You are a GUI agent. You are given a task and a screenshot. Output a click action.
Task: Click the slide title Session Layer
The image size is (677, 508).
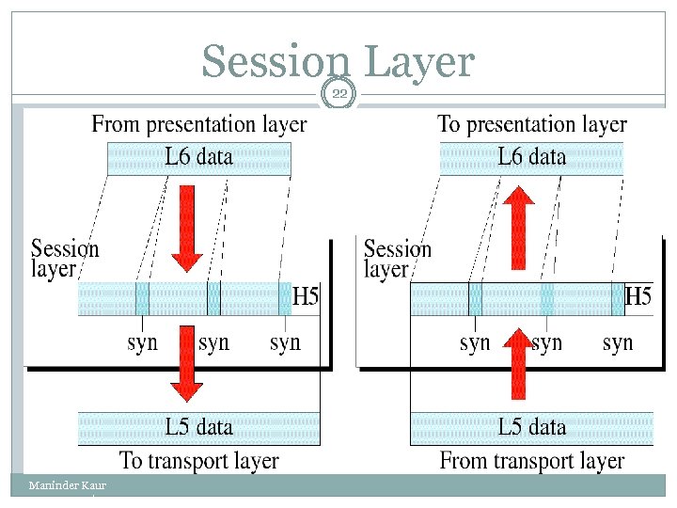click(338, 62)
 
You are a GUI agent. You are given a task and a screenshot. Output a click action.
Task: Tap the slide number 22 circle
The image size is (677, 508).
click(338, 92)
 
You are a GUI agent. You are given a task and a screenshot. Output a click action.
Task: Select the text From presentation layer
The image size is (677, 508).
click(199, 124)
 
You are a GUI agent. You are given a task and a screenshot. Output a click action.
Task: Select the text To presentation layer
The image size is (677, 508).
click(532, 124)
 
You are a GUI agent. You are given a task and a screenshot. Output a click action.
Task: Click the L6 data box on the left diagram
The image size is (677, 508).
click(199, 158)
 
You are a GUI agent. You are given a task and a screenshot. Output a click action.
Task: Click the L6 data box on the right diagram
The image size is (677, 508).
click(532, 158)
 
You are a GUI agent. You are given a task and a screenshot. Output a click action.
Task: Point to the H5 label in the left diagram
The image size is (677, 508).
click(306, 298)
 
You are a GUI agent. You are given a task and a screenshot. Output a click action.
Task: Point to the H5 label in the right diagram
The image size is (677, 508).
click(638, 298)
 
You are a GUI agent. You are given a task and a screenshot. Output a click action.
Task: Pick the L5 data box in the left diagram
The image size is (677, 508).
click(199, 428)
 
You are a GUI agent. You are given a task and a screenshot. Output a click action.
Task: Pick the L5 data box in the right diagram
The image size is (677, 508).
click(532, 428)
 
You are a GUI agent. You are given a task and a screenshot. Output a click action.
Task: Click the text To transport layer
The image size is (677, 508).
click(199, 461)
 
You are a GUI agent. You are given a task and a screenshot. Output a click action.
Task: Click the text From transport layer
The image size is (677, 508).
click(532, 461)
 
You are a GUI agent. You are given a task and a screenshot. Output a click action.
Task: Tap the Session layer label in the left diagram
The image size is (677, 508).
click(64, 259)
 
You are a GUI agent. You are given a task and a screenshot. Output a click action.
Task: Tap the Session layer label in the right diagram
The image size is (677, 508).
click(397, 259)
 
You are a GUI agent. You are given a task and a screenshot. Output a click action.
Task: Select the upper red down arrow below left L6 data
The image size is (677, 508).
click(186, 226)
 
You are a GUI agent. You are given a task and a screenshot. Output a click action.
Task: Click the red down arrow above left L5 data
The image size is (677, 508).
click(186, 362)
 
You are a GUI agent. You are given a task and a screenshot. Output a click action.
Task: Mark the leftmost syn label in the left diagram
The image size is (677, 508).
click(143, 343)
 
